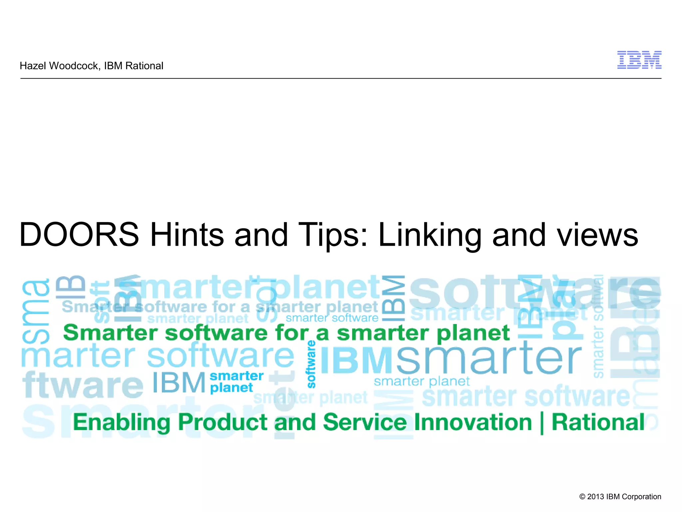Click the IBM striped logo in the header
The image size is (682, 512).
point(639,60)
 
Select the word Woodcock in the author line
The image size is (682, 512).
point(74,66)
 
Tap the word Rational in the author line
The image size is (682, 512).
point(144,66)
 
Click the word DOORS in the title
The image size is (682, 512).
point(79,235)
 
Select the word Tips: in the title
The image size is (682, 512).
point(333,235)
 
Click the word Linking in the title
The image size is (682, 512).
point(430,235)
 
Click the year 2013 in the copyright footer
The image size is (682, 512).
point(595,497)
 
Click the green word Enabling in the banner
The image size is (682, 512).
point(122,422)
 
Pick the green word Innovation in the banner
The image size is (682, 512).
point(473,422)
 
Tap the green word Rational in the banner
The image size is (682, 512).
point(598,422)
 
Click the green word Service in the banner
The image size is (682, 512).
point(365,422)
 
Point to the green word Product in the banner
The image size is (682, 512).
point(223,422)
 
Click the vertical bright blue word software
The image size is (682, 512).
point(311,364)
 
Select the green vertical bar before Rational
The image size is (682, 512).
point(542,423)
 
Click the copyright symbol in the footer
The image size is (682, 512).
point(582,497)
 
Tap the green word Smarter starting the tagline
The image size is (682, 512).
point(110,333)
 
